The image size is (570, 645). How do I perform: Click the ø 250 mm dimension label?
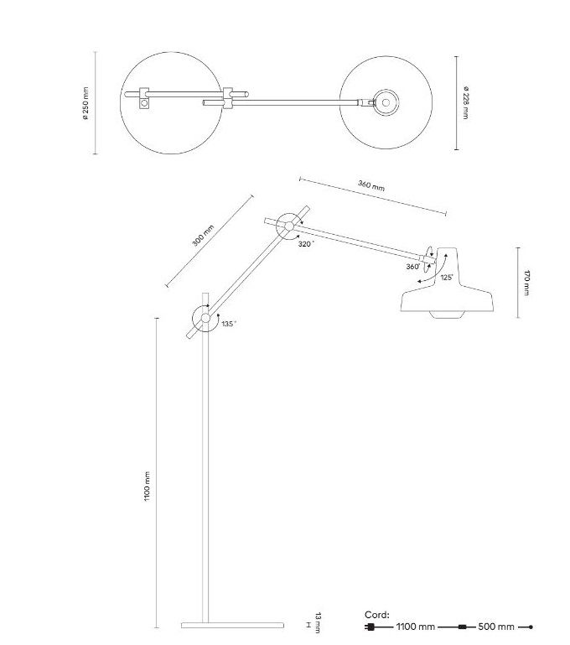pos(85,104)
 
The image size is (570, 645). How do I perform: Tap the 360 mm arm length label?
pos(370,186)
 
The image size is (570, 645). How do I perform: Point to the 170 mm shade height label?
pos(526,283)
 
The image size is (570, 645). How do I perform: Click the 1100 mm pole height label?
pos(147,486)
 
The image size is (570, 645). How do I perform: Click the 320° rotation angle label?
pos(306,244)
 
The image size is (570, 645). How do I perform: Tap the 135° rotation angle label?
pos(228,323)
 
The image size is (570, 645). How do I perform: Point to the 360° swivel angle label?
pos(412,266)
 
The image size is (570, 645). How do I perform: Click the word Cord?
pos(377,615)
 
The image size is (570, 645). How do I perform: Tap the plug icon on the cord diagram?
pos(370,627)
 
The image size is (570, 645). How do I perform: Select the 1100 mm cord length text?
pos(415,627)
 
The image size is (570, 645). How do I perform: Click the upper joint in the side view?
pos(288,224)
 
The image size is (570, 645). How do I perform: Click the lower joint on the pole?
pos(205,317)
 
